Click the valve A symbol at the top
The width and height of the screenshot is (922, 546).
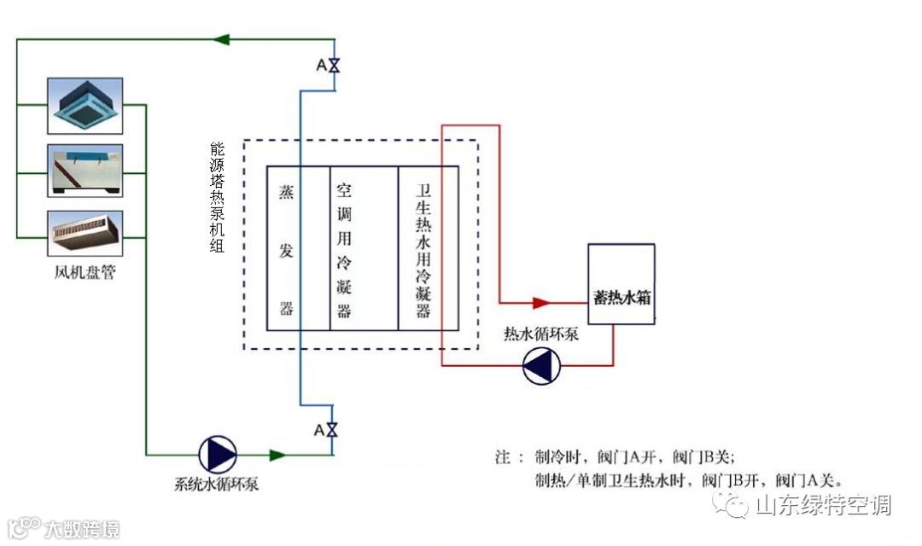[x=334, y=66]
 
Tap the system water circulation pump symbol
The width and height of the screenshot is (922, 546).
[x=217, y=455]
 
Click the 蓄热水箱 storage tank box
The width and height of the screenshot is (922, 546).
[x=621, y=283]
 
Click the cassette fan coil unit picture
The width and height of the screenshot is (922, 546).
[x=85, y=105]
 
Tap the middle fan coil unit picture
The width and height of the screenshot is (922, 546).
[x=85, y=171]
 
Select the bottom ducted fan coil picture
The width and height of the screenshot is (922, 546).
[x=85, y=233]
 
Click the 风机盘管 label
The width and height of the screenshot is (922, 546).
[x=85, y=275]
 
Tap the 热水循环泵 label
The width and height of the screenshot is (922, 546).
[x=541, y=334]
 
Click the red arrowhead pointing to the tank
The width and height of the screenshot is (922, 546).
[x=540, y=302]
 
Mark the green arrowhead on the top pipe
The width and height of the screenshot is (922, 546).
[x=224, y=39]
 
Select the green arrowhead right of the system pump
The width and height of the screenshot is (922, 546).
[x=277, y=455]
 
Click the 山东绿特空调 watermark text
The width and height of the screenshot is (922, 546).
[x=823, y=505]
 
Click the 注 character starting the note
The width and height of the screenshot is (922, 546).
[x=502, y=456]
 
